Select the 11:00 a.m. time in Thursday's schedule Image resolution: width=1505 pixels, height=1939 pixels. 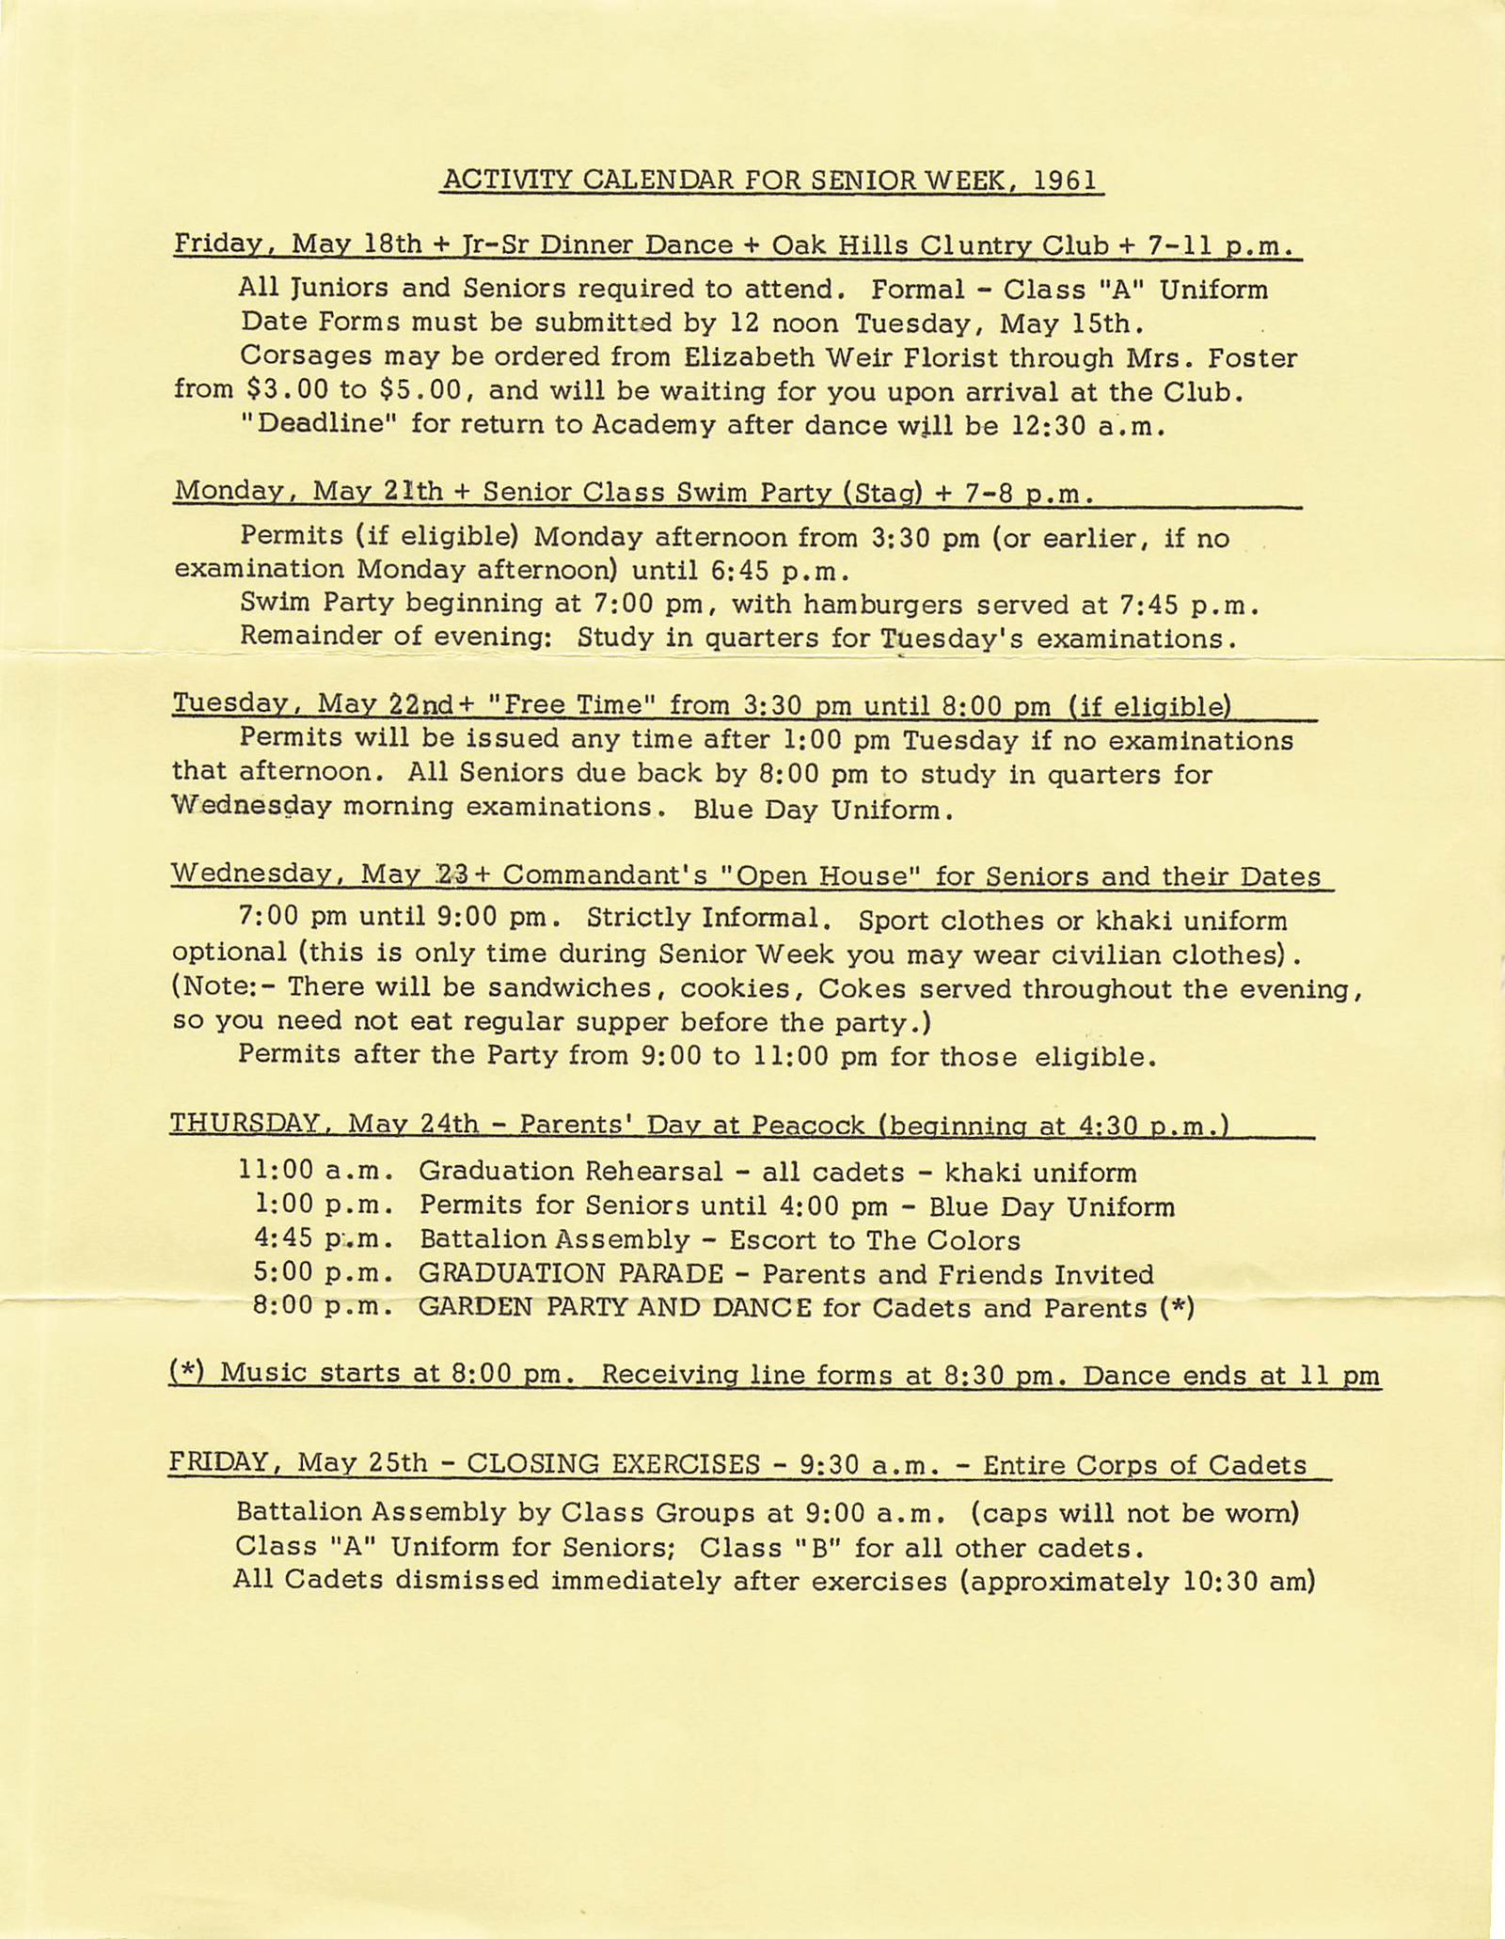tap(314, 1172)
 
